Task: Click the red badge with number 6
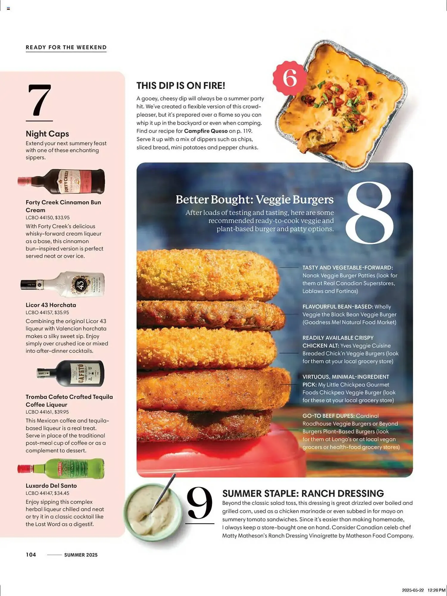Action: pyautogui.click(x=289, y=78)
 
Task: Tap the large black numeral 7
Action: pyautogui.click(x=39, y=100)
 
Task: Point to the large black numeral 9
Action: pyautogui.click(x=200, y=503)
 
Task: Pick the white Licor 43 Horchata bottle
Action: pyautogui.click(x=63, y=284)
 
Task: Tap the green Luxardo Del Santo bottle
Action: pyautogui.click(x=61, y=468)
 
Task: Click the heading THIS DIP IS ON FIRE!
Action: pyautogui.click(x=181, y=86)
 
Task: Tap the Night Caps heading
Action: pyautogui.click(x=47, y=134)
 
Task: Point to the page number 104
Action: pyautogui.click(x=31, y=555)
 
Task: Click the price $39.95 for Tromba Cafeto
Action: pyautogui.click(x=61, y=412)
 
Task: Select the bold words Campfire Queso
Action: pyautogui.click(x=206, y=131)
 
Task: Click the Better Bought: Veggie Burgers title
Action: pyautogui.click(x=255, y=200)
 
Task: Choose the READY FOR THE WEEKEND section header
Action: pyautogui.click(x=66, y=47)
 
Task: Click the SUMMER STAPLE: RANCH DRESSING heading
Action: pyautogui.click(x=303, y=493)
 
